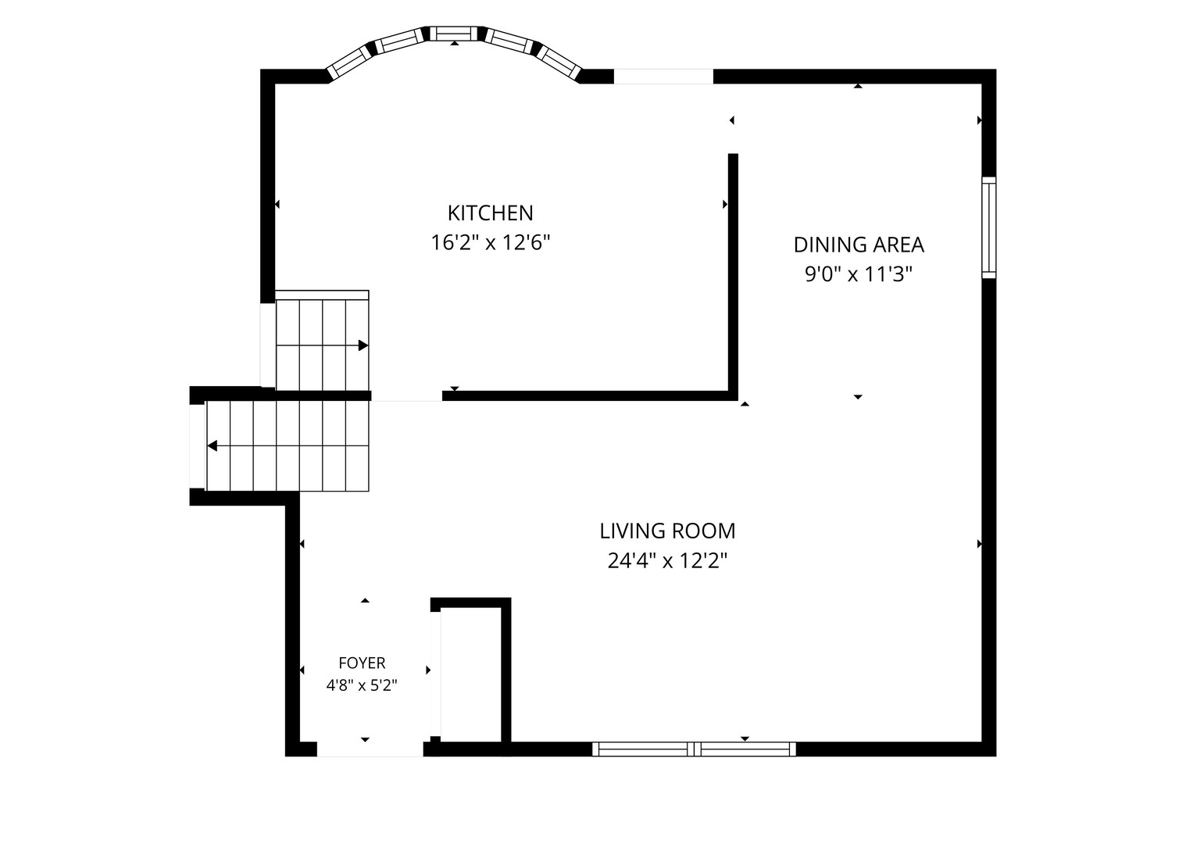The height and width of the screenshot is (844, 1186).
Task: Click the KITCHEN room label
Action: click(491, 213)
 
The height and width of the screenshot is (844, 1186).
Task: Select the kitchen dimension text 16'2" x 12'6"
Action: click(491, 243)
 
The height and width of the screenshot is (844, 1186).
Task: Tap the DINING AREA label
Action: click(859, 245)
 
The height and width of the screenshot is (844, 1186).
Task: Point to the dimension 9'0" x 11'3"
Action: click(859, 274)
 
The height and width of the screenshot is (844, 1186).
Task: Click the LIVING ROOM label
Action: click(668, 531)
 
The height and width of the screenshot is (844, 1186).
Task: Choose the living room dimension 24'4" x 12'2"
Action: click(668, 561)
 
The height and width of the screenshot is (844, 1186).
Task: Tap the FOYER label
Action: click(363, 663)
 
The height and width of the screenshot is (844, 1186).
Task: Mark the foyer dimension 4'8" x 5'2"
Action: click(362, 685)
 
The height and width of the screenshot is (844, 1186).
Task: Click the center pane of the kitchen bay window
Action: click(453, 34)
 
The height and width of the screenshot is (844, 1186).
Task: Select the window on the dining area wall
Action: click(989, 227)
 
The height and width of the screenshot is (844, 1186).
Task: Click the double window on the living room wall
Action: click(694, 749)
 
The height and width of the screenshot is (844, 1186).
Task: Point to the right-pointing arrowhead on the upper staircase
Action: click(363, 345)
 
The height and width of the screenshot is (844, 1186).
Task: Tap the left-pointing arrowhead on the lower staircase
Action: click(213, 446)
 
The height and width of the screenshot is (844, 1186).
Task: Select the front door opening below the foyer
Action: click(370, 749)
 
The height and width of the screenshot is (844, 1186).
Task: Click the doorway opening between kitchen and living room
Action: click(406, 396)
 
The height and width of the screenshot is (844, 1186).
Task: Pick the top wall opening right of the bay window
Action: click(663, 77)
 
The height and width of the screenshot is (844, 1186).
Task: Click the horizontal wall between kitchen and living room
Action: click(590, 396)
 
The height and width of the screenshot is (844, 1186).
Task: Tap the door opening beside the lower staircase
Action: click(197, 446)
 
